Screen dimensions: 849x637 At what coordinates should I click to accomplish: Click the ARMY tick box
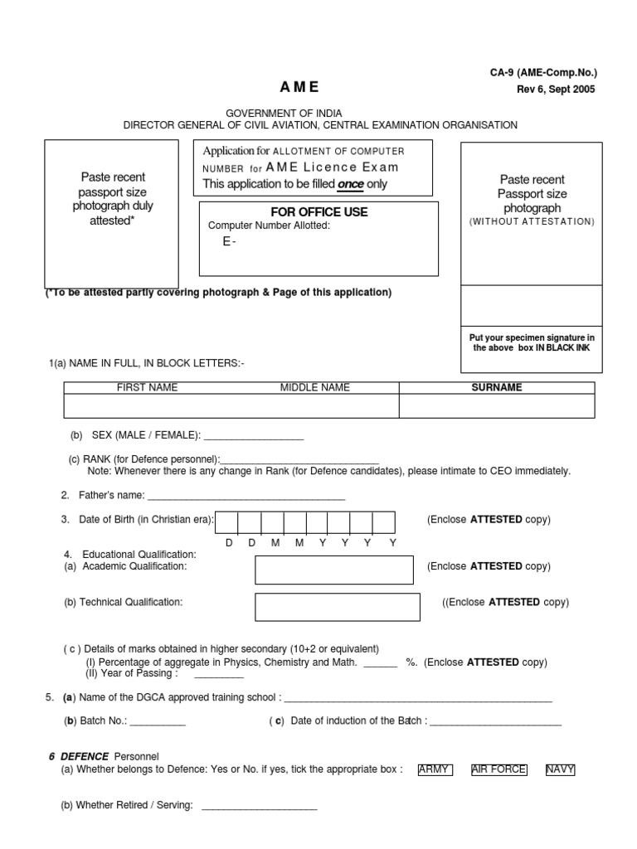click(x=435, y=769)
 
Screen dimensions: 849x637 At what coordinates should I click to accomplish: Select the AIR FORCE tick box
click(x=498, y=769)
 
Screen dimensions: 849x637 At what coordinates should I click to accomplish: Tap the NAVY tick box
click(x=560, y=769)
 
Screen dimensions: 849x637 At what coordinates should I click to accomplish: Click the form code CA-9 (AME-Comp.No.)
click(x=542, y=73)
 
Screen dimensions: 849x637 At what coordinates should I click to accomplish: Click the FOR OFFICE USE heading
click(x=319, y=212)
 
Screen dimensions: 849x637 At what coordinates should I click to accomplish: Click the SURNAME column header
click(x=497, y=387)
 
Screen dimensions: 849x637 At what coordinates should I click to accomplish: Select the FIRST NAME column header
click(x=147, y=387)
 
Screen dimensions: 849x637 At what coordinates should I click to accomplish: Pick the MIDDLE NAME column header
click(x=315, y=387)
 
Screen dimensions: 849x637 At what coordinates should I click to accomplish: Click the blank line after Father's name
click(x=246, y=497)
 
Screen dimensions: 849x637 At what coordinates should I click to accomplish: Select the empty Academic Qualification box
click(x=333, y=570)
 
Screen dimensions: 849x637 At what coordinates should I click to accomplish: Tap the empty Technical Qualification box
click(x=333, y=607)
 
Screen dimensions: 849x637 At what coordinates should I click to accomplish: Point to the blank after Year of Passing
click(x=219, y=675)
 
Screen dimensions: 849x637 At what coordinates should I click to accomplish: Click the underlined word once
click(x=351, y=184)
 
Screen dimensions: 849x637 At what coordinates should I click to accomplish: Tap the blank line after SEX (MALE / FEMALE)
click(x=253, y=437)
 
